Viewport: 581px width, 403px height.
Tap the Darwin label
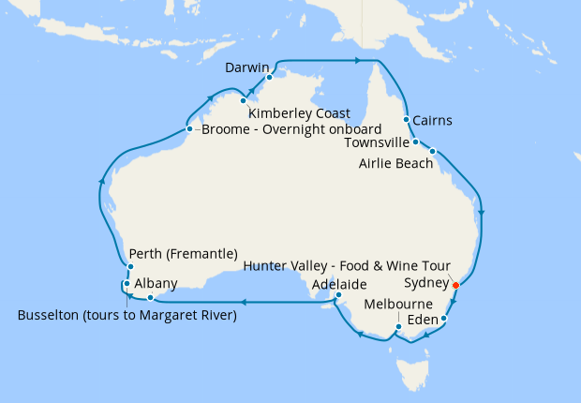(247, 67)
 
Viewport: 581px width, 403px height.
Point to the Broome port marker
(189, 128)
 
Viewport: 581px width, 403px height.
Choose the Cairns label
(432, 120)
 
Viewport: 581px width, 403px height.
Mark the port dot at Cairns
(406, 120)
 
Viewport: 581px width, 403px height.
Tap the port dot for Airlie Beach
(432, 151)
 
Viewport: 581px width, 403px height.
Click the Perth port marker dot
(129, 267)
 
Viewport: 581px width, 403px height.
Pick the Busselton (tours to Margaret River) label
(127, 315)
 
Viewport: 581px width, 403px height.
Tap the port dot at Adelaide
(336, 299)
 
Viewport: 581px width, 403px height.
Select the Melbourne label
(398, 305)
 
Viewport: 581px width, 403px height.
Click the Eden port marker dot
(444, 320)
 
